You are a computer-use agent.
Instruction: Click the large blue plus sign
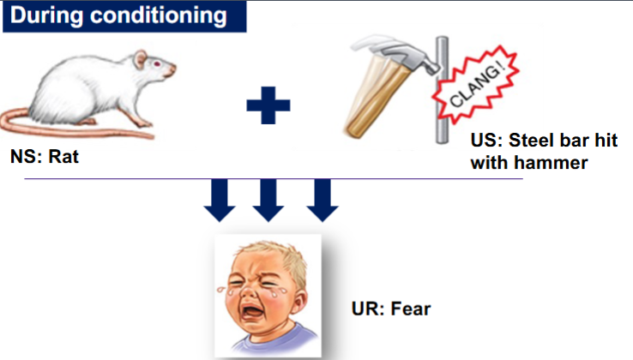tap(268, 106)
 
